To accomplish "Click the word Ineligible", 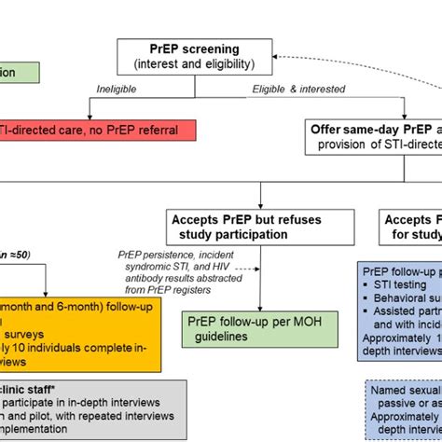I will tap(118, 89).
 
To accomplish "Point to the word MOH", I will tap(304, 320).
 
